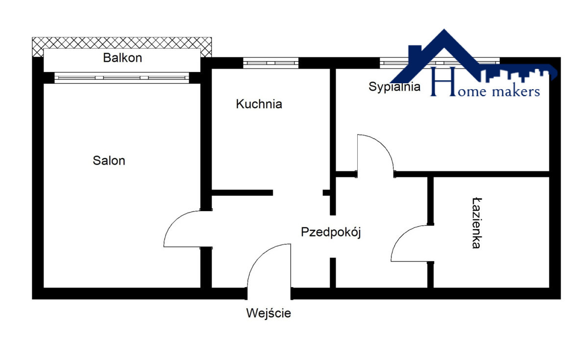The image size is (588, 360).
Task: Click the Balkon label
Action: tap(122, 58)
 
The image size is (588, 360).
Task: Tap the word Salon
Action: tap(109, 161)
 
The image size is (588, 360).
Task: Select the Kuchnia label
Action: tap(259, 104)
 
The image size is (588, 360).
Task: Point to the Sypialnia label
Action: tap(394, 87)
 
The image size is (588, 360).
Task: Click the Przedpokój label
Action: tap(331, 232)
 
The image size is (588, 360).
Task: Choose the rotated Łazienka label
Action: tap(476, 223)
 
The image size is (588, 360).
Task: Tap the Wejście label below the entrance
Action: tap(269, 313)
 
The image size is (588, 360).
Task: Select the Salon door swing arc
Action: tap(174, 222)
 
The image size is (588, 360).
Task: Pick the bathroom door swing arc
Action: tap(402, 236)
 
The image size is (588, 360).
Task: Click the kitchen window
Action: tap(270, 63)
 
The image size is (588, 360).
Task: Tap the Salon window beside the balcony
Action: tap(122, 78)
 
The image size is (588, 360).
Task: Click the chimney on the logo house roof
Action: tap(415, 51)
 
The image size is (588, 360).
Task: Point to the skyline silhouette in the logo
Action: tap(518, 75)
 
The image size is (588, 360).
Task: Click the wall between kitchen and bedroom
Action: tap(333, 142)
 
